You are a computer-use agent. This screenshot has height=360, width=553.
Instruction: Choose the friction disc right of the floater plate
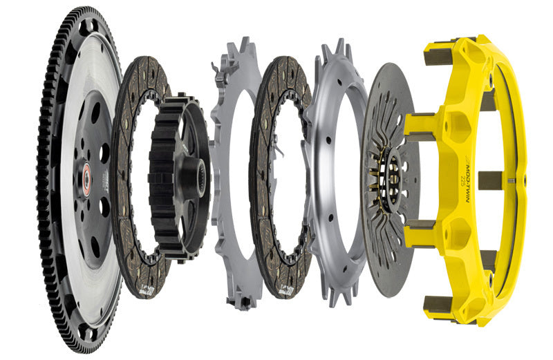click(266, 104)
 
